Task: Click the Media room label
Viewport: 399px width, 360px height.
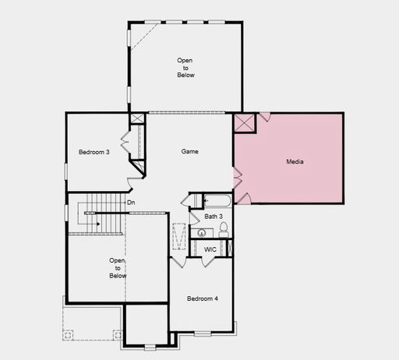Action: [295, 161]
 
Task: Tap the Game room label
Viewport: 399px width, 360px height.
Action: [190, 151]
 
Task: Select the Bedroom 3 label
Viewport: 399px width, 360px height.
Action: [94, 152]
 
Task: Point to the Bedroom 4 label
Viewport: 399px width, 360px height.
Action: [203, 298]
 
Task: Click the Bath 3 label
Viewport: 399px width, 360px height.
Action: [214, 217]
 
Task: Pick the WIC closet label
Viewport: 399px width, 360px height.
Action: [210, 249]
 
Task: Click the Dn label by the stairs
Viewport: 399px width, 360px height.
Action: [131, 203]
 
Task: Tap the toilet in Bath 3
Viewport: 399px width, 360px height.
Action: [224, 230]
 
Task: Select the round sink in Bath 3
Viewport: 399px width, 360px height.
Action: [202, 233]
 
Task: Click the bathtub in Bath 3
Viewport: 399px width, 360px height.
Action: [217, 201]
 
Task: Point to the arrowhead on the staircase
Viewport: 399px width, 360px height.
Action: [98, 224]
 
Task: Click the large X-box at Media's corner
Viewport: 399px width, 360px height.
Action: [244, 122]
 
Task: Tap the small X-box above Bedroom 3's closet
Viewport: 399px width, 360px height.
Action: [137, 118]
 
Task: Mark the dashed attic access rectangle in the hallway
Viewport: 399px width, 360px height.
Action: [179, 236]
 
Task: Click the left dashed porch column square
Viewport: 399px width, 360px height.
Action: [68, 335]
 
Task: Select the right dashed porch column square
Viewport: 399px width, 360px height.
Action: [118, 335]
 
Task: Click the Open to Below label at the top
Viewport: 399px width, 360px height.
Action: [185, 68]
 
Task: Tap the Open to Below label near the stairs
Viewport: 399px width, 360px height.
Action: [118, 268]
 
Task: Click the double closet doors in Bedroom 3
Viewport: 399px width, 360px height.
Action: [125, 143]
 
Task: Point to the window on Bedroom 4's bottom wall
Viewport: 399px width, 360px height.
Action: [203, 334]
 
